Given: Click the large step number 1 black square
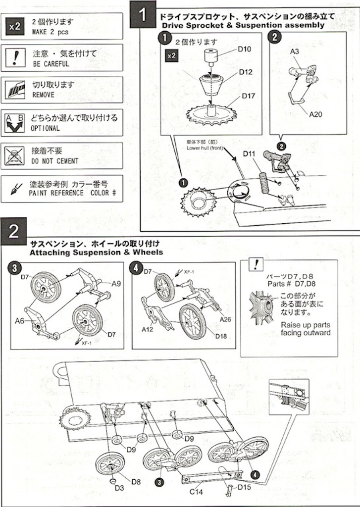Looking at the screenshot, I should click(x=142, y=15).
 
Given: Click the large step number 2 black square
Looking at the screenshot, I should click(x=14, y=231).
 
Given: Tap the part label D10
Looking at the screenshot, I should click(x=244, y=49).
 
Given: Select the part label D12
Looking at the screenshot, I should click(x=246, y=72).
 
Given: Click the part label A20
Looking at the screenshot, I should click(x=316, y=114).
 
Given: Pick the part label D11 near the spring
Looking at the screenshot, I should click(x=249, y=154).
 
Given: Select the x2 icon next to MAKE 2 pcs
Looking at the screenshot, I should click(x=15, y=27).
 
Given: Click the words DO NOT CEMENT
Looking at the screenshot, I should click(x=55, y=161).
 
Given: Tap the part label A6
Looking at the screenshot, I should click(x=19, y=321).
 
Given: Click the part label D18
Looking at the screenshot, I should click(x=221, y=337).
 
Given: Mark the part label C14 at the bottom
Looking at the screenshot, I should click(x=197, y=492).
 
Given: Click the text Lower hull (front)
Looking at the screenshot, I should click(x=205, y=148).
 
